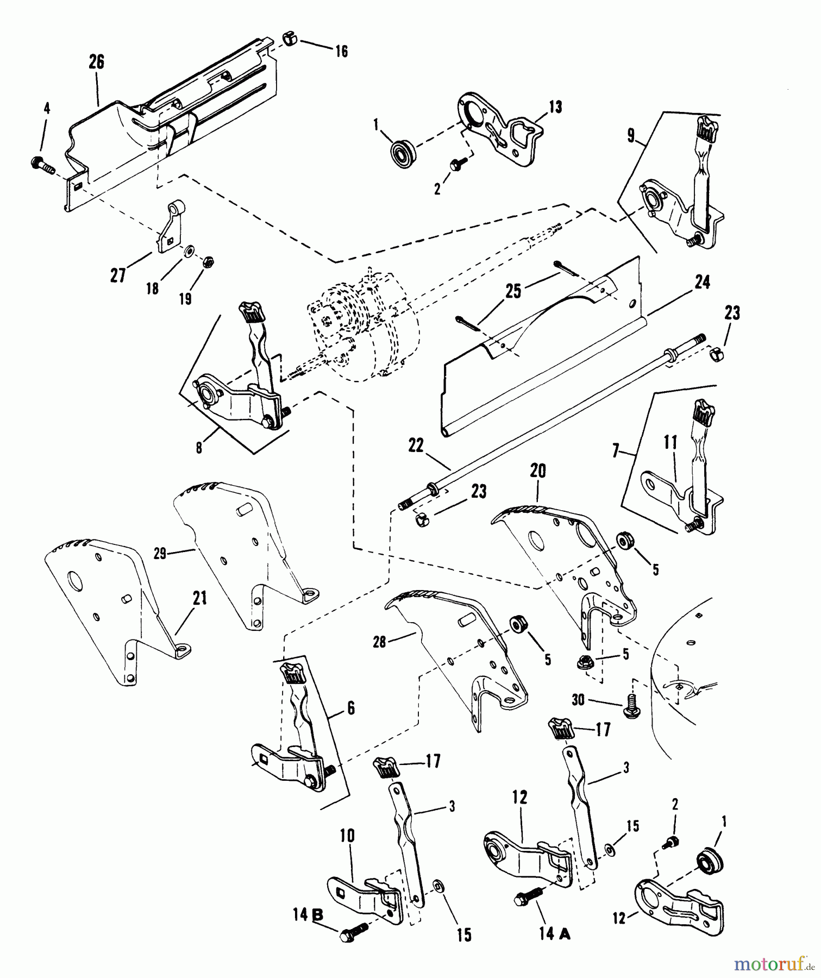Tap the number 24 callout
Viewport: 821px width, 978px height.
click(x=703, y=283)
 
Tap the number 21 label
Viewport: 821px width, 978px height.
click(x=200, y=599)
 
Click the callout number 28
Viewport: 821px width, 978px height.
click(x=379, y=642)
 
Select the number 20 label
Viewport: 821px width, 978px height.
click(x=537, y=471)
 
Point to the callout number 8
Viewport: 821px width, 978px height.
click(x=199, y=447)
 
